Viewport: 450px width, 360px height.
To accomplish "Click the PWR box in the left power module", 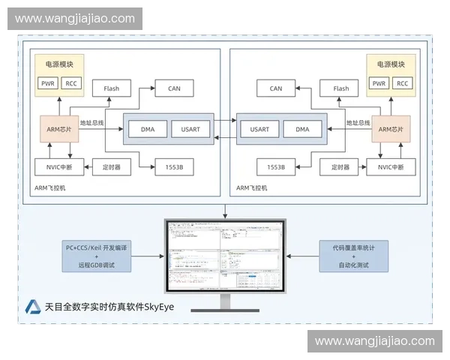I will click(x=47, y=83).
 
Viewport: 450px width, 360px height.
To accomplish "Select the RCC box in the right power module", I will click(x=403, y=83).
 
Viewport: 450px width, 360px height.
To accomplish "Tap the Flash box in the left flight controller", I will click(x=111, y=88).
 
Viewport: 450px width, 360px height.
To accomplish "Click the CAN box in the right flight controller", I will click(x=276, y=88).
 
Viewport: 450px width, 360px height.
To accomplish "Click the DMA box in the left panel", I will click(x=148, y=129).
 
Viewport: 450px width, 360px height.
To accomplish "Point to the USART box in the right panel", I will click(x=260, y=129).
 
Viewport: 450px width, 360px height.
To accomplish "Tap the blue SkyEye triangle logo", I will click(x=33, y=306).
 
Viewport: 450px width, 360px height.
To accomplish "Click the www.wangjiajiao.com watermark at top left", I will click(x=75, y=19).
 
